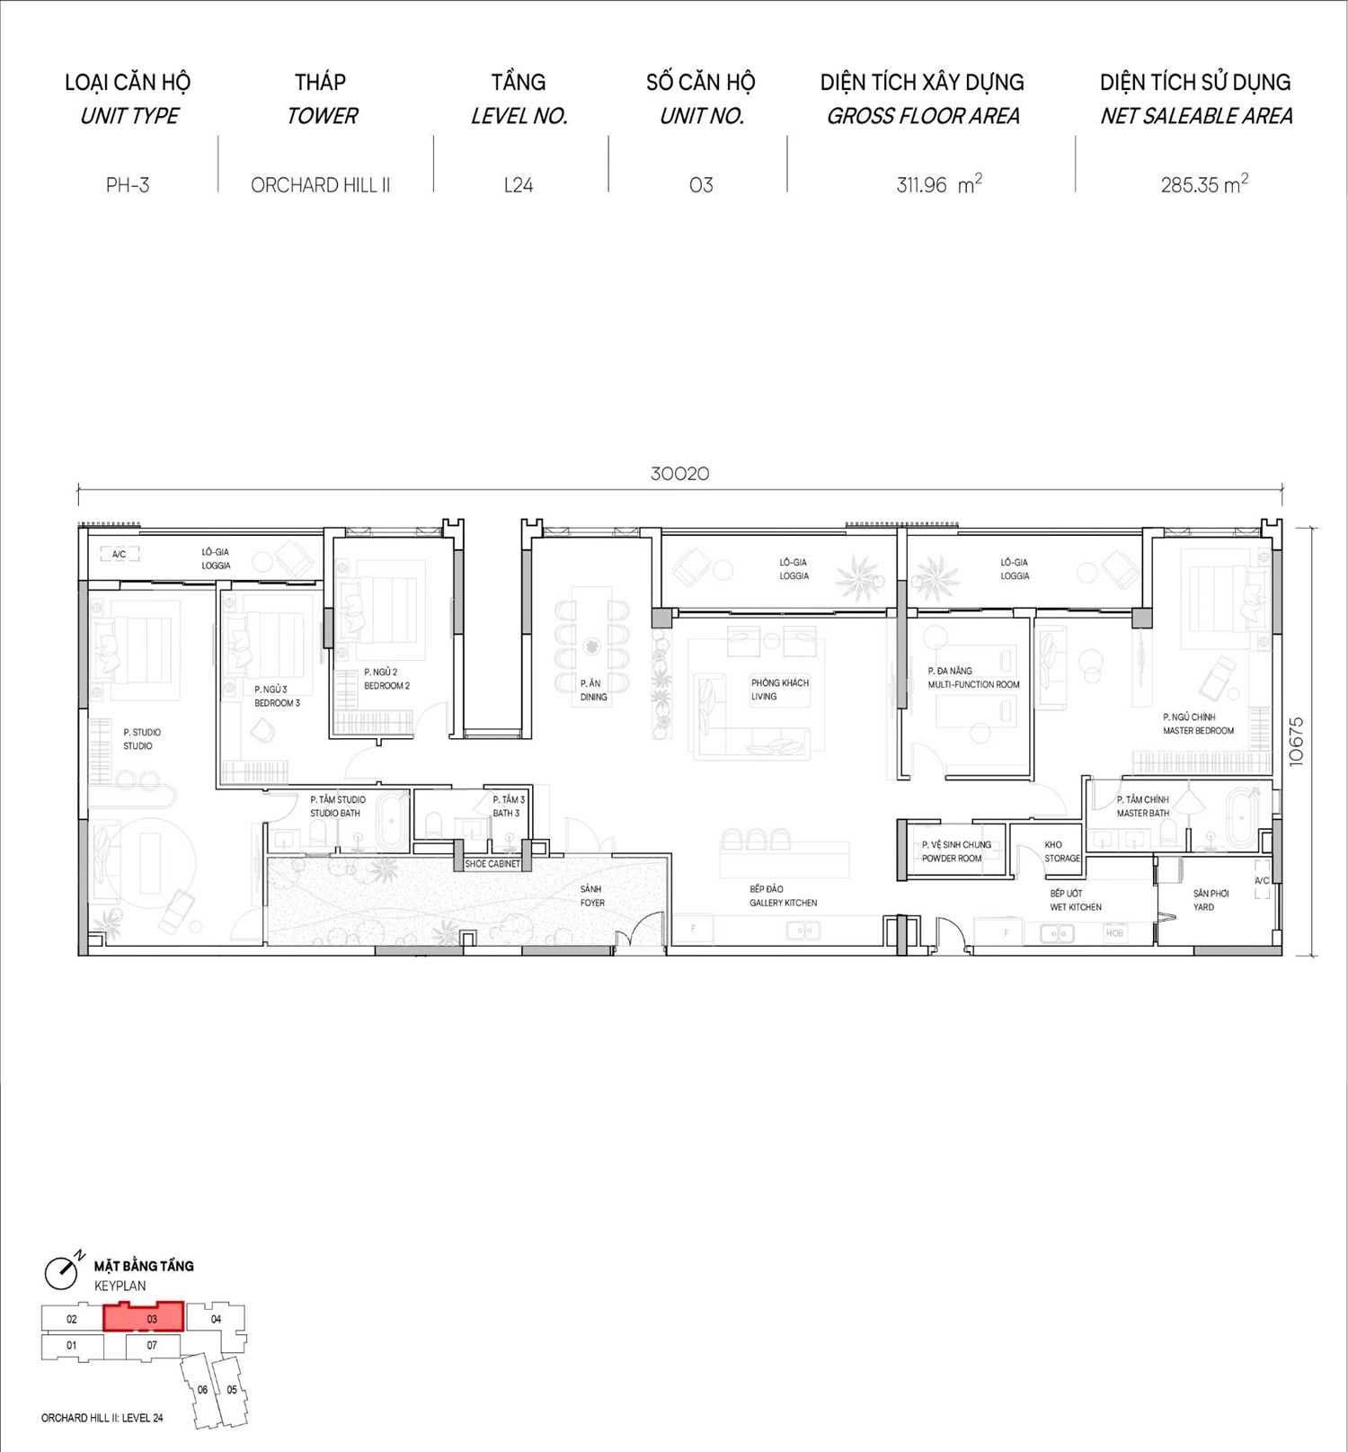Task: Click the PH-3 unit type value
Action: (128, 185)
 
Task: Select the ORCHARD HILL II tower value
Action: (320, 185)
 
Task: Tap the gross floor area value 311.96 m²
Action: (939, 184)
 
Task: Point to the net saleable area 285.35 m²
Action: (1204, 184)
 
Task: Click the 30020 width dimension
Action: (679, 474)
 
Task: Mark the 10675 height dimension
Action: (1295, 741)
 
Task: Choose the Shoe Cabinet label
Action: (492, 864)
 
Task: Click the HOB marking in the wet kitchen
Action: (1114, 933)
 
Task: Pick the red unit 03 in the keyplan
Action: (144, 1316)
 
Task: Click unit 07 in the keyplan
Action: (152, 1346)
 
